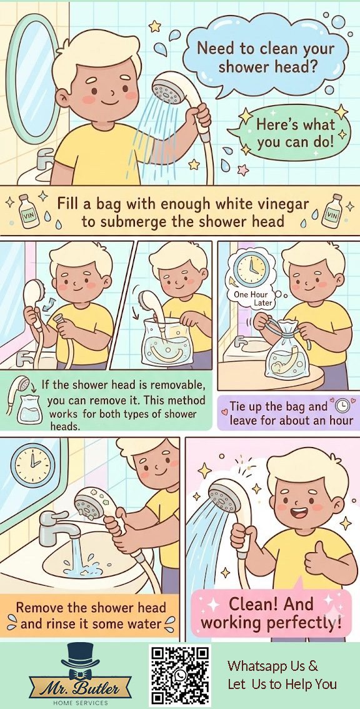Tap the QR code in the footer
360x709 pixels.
click(180, 675)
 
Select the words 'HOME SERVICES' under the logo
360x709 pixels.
click(81, 702)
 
